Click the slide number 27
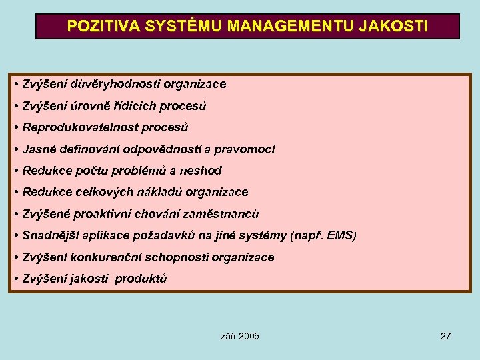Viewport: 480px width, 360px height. (x=446, y=336)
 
